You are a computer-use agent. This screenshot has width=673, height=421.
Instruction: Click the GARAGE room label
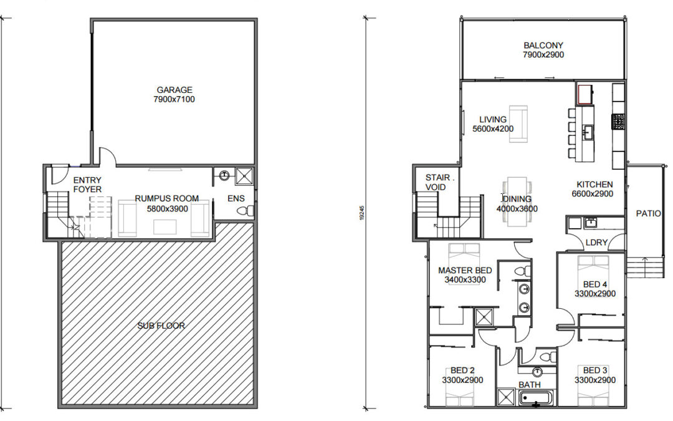point(174,90)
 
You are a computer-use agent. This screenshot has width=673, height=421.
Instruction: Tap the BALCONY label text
point(543,45)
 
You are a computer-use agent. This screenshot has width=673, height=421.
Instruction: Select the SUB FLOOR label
point(161,326)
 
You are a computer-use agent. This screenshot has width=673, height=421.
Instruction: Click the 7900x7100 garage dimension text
point(174,100)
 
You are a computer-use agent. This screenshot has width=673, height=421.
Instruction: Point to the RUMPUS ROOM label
point(167,198)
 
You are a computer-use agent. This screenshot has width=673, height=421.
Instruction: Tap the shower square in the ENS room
point(245,176)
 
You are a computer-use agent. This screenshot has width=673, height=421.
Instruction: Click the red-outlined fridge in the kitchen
point(585,95)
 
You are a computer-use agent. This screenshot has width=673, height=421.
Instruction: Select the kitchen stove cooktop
point(618,122)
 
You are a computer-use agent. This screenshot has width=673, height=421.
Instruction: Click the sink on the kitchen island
point(588,131)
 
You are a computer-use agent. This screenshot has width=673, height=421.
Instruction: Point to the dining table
point(517,201)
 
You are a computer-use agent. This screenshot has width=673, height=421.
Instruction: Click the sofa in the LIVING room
point(518,123)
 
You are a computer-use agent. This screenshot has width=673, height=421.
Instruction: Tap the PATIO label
point(648,213)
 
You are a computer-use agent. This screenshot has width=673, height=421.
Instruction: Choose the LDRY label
point(596,243)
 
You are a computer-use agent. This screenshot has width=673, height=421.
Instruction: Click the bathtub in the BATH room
point(537,398)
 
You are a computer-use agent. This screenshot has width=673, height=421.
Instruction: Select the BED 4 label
point(595,284)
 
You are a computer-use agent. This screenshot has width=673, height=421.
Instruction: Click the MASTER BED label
point(465,270)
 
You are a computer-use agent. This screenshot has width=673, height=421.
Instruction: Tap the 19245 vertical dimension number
point(362,213)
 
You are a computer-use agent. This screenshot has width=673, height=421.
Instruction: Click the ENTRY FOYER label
point(88,185)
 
